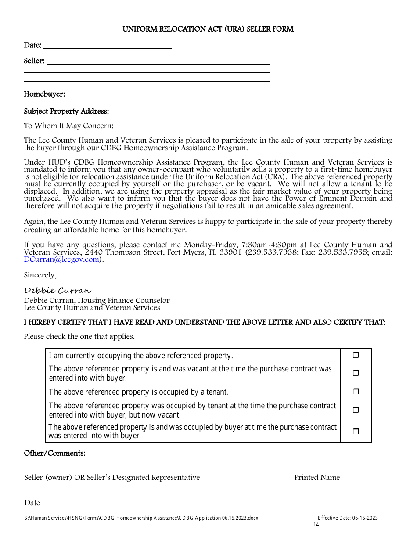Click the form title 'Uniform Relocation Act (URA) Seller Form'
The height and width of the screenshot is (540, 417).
pos(208,29)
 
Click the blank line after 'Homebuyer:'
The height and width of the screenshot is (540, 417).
pos(168,94)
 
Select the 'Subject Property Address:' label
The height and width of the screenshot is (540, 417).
pos(66,112)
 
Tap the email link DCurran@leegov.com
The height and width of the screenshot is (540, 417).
pos(61,259)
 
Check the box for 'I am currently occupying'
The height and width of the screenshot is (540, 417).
pos(356,356)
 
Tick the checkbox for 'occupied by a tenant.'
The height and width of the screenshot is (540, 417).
pos(356,392)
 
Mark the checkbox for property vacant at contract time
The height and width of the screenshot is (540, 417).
pos(356,373)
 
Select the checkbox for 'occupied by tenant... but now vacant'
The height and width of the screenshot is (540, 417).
pos(356,410)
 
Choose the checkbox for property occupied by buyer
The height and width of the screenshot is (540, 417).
pos(356,432)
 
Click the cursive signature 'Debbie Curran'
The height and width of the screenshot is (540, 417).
pos(58,291)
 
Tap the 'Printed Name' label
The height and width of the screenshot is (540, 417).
pos(317,478)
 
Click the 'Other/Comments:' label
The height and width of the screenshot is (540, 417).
pos(54,454)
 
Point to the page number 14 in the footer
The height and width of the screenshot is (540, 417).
pos(316,525)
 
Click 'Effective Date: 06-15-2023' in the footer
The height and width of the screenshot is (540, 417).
pos(348,518)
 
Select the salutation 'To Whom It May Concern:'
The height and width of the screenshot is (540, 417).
pos(68,126)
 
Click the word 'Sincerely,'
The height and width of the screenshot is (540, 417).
pos(40,275)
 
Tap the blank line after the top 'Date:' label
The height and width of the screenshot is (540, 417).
pos(108,46)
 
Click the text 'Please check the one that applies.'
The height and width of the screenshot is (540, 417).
pos(79,337)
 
